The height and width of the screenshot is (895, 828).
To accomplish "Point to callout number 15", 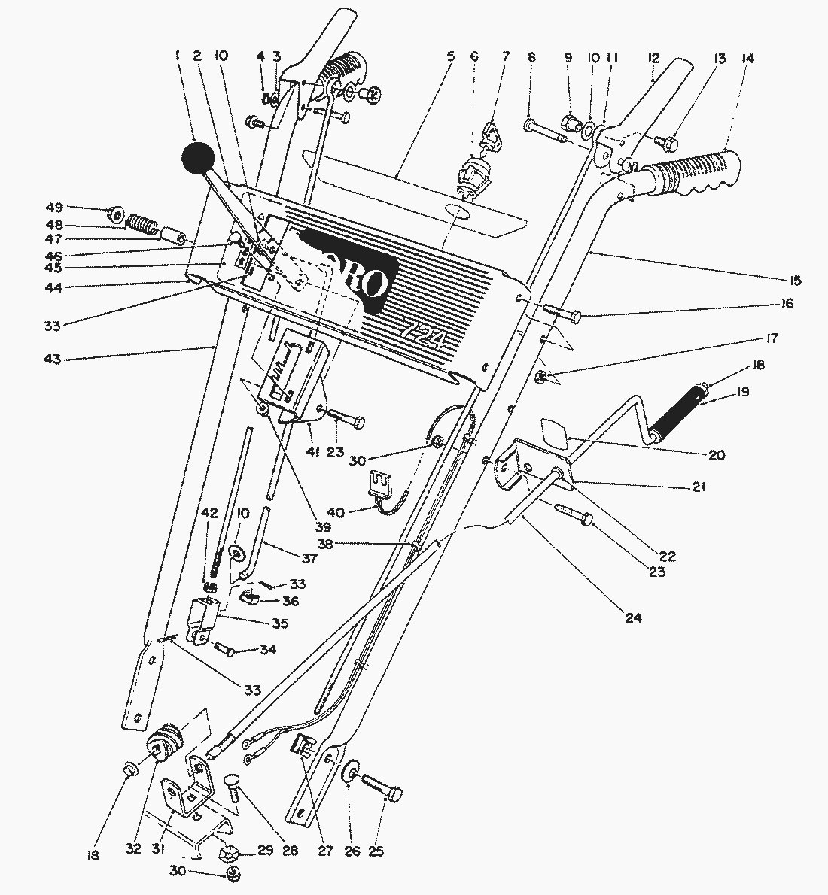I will pyautogui.click(x=796, y=281).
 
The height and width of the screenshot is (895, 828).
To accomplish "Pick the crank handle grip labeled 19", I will pyautogui.click(x=680, y=414).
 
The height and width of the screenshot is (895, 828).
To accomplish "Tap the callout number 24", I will pyautogui.click(x=633, y=619).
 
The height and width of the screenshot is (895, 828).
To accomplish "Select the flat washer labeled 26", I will pyautogui.click(x=352, y=774).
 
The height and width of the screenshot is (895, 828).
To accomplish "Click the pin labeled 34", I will pyautogui.click(x=225, y=648).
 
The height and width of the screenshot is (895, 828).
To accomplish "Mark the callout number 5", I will pyautogui.click(x=451, y=56).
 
